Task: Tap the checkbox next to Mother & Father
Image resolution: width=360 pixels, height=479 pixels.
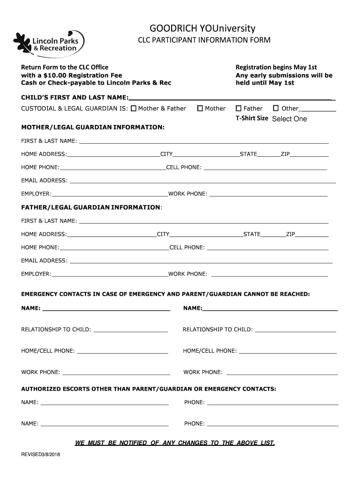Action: tap(134, 109)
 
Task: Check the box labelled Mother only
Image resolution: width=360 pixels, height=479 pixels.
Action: tap(200, 109)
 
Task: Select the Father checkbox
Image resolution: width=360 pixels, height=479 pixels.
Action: tap(239, 109)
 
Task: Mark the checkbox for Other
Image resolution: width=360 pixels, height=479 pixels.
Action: tap(276, 109)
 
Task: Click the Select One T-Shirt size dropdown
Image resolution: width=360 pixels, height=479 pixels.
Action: tap(289, 119)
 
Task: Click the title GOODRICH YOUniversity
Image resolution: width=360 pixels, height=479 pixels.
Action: tap(202, 29)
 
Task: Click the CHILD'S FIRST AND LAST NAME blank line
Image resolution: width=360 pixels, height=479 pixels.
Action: tap(231, 98)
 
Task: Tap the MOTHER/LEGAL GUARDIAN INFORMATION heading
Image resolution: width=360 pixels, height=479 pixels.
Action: tap(93, 127)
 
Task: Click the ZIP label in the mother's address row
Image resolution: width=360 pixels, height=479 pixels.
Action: tap(285, 154)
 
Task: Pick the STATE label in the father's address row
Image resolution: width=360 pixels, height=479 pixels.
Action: tap(252, 234)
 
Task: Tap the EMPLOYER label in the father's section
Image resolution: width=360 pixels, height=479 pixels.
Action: tap(36, 274)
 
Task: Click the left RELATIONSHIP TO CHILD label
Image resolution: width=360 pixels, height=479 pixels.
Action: tap(56, 330)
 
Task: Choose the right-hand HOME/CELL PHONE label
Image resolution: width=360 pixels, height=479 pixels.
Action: tap(209, 351)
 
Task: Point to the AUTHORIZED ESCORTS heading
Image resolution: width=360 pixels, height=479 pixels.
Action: tap(149, 389)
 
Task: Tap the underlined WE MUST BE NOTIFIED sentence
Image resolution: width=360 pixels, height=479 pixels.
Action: tap(175, 443)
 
